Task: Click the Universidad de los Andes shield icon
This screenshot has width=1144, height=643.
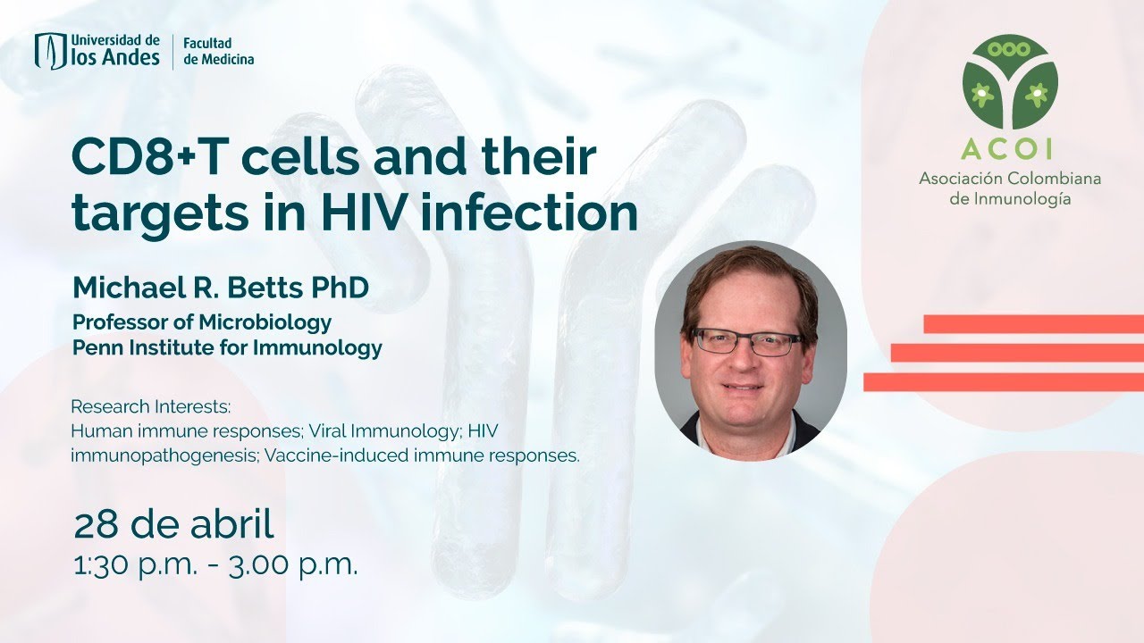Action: [50, 51]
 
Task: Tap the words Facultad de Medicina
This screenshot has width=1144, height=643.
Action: [218, 51]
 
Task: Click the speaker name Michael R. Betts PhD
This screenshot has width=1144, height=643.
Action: [221, 288]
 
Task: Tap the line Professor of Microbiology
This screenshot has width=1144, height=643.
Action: [202, 321]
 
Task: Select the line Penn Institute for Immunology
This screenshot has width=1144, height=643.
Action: [227, 347]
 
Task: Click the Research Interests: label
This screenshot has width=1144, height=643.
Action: [150, 406]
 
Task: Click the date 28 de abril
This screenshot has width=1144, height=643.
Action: [173, 526]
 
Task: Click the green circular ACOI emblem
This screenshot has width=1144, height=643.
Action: [1010, 83]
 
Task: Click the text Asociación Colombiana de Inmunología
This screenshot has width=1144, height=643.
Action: [1010, 188]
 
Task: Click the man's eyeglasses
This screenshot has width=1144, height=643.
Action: [747, 342]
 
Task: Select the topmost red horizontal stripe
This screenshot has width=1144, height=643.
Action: [1033, 323]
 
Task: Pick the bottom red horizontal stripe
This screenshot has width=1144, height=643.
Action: [1003, 382]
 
